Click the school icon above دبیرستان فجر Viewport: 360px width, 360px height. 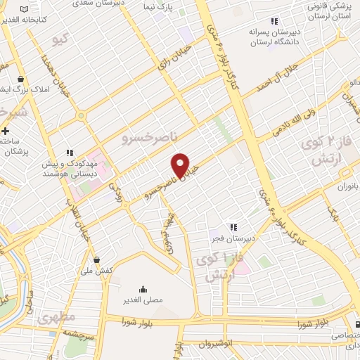coord(233,226)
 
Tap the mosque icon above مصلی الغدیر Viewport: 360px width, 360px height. coord(143,288)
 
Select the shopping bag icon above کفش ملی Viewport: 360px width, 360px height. coord(96,259)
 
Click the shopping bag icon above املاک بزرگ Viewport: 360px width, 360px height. coord(22,79)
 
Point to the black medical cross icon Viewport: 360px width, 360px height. coord(6,131)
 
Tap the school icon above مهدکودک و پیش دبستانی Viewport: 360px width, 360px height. coord(69,152)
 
